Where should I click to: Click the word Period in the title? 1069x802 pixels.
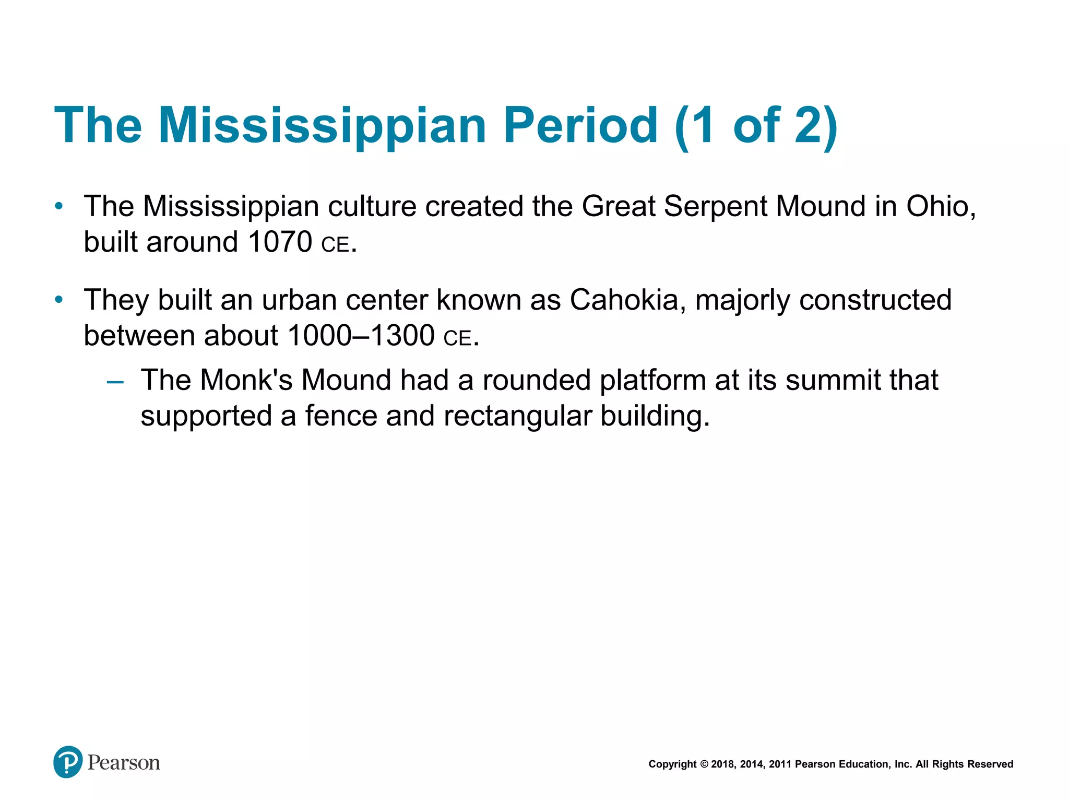[x=580, y=125]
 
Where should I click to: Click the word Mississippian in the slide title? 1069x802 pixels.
[x=323, y=126]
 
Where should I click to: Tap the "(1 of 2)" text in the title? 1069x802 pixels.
[x=756, y=126]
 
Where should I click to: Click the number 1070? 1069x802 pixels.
[x=280, y=242]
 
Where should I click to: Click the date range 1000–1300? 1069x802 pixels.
[x=361, y=336]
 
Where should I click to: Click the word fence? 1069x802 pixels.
[x=341, y=416]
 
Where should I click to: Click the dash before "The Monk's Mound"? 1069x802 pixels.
[x=115, y=383]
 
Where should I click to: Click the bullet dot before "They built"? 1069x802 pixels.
[x=59, y=300]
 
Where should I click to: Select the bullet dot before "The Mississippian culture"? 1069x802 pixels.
[x=59, y=206]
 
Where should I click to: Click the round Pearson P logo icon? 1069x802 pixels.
[x=68, y=762]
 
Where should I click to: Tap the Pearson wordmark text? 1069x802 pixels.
[x=124, y=763]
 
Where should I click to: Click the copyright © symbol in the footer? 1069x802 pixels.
[x=704, y=764]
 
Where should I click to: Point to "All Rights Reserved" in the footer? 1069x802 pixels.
[x=964, y=764]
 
